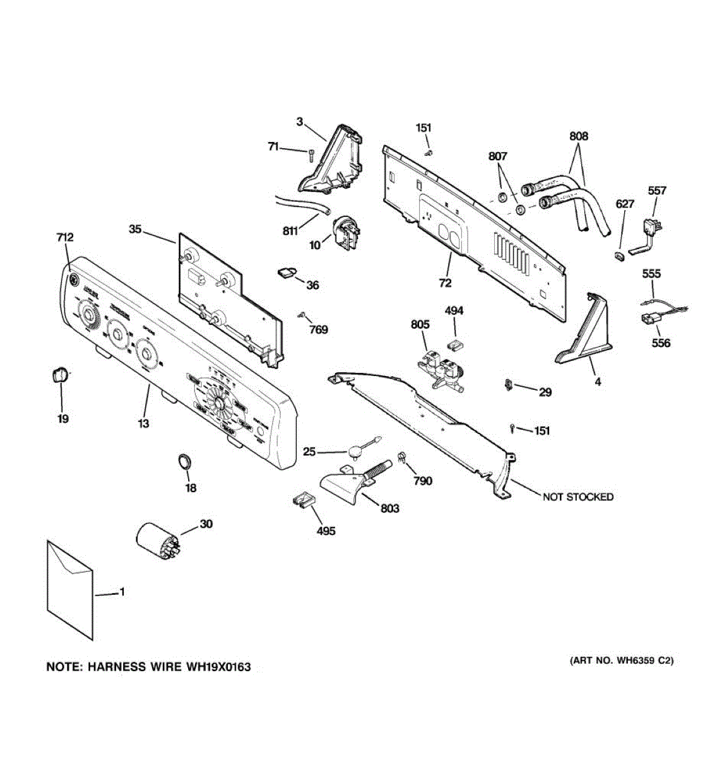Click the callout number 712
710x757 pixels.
coord(65,237)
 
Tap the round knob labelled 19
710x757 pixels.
coord(58,375)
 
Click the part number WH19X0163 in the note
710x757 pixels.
coord(218,667)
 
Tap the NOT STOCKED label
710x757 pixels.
coord(577,496)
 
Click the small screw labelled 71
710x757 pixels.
coord(311,153)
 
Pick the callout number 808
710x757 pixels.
coord(578,136)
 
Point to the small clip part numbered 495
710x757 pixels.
coord(303,502)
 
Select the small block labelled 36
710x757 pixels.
coord(286,272)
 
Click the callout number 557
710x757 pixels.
coord(657,191)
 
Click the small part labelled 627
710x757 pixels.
coord(618,254)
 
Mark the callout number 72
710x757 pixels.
coord(445,283)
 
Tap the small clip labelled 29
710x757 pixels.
coord(509,384)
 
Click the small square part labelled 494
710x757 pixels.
coord(453,343)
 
